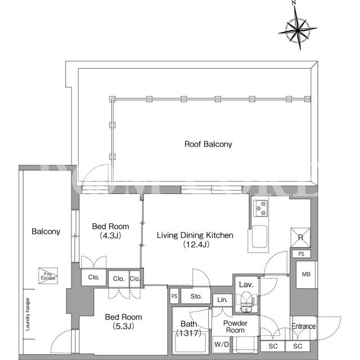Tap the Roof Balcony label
tap(208, 144)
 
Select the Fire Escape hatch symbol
tap(48, 276)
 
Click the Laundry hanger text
tap(28, 314)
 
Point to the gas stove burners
tap(260, 208)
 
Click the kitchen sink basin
tap(260, 237)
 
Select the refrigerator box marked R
tap(300, 237)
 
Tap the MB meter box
tap(306, 274)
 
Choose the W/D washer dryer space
tap(221, 344)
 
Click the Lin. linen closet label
tap(222, 300)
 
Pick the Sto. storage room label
tap(196, 296)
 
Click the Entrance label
tap(304, 326)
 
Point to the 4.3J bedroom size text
tap(110, 236)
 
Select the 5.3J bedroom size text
tap(123, 326)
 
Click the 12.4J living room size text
tap(196, 245)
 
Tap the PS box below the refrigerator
tap(301, 254)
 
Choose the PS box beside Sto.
tap(174, 296)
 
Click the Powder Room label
tap(235, 327)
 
